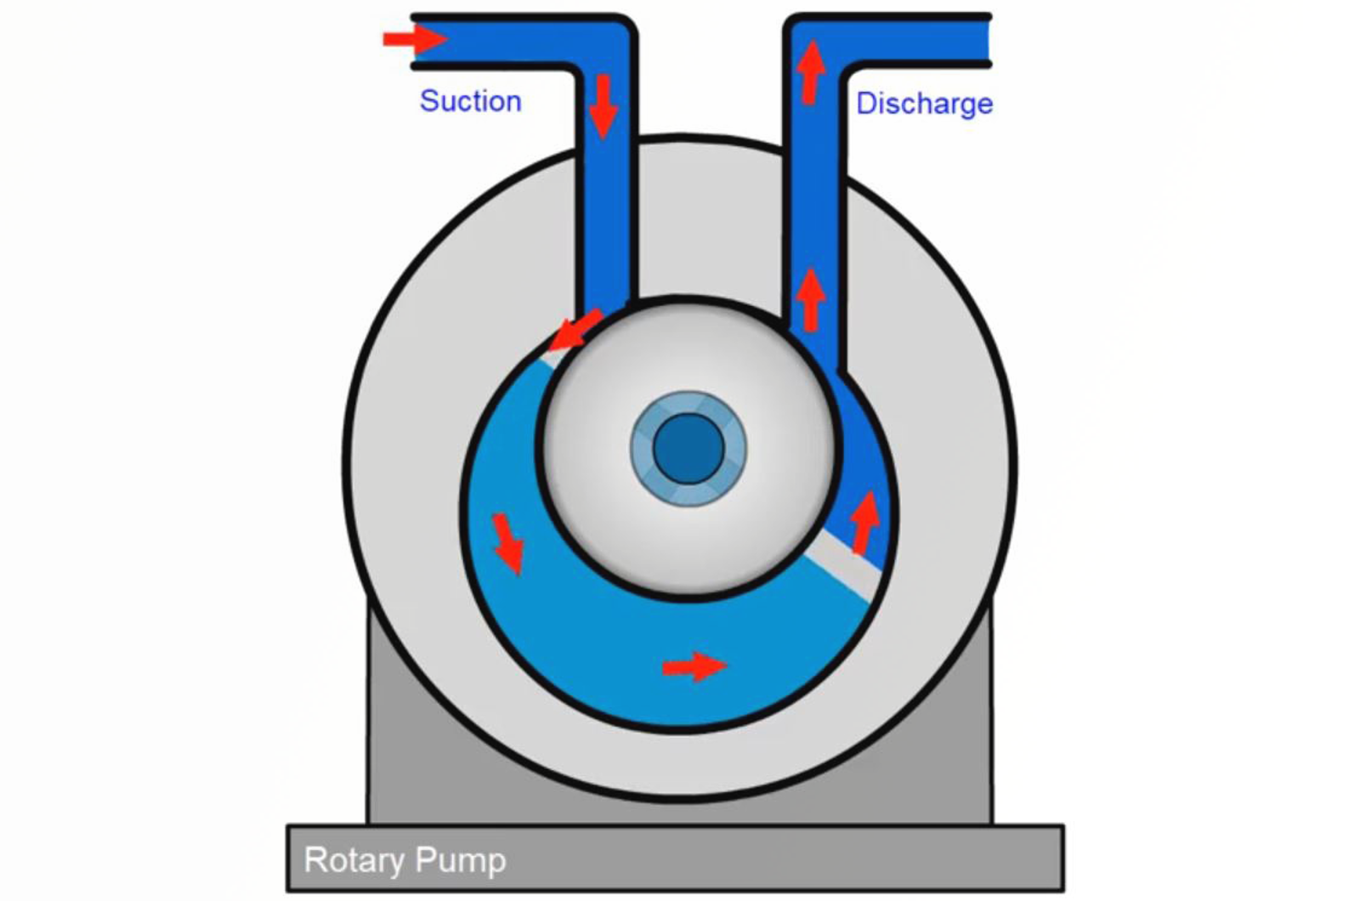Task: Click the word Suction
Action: pos(470,101)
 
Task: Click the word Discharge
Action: pos(924,104)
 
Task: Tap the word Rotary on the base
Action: pos(354,859)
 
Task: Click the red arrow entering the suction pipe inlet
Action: pos(414,38)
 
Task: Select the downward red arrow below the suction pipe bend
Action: pos(603,106)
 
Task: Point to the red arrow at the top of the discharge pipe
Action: pos(812,72)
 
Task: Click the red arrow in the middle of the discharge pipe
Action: pos(812,299)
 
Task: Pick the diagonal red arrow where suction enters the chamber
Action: pos(575,331)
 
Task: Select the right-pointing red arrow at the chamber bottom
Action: pos(694,666)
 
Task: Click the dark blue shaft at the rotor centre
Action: pos(688,449)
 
